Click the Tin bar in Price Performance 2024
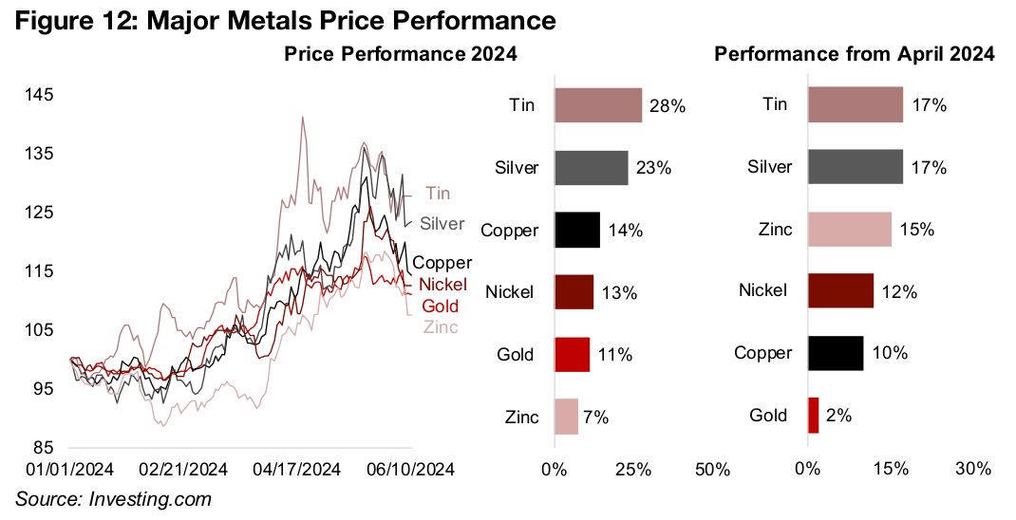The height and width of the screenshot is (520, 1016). tap(598, 105)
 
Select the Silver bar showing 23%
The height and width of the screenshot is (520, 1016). tap(591, 167)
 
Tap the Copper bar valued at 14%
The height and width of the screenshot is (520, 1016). tap(576, 230)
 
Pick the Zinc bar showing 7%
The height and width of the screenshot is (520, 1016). tap(566, 416)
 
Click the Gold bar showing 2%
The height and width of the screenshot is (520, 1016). tap(813, 415)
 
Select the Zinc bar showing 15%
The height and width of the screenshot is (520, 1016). tap(849, 230)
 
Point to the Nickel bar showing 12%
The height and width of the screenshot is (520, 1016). tap(840, 290)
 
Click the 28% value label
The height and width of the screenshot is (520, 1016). tap(667, 107)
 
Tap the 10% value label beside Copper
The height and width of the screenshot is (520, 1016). tap(890, 353)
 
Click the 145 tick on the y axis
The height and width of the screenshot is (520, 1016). tap(40, 95)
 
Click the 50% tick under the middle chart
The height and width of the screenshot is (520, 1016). tap(712, 469)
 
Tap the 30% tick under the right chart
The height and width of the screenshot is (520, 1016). tap(973, 469)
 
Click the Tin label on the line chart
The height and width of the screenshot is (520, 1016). tap(438, 194)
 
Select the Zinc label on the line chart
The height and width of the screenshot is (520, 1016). tap(440, 327)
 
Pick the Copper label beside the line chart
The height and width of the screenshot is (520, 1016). tap(442, 263)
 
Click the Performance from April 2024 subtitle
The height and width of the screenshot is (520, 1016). tap(854, 55)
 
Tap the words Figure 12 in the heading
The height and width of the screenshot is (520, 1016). tap(70, 20)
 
